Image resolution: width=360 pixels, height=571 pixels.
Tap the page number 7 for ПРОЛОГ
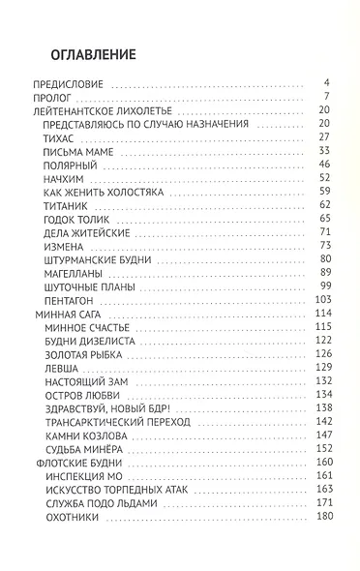tap(328, 98)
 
